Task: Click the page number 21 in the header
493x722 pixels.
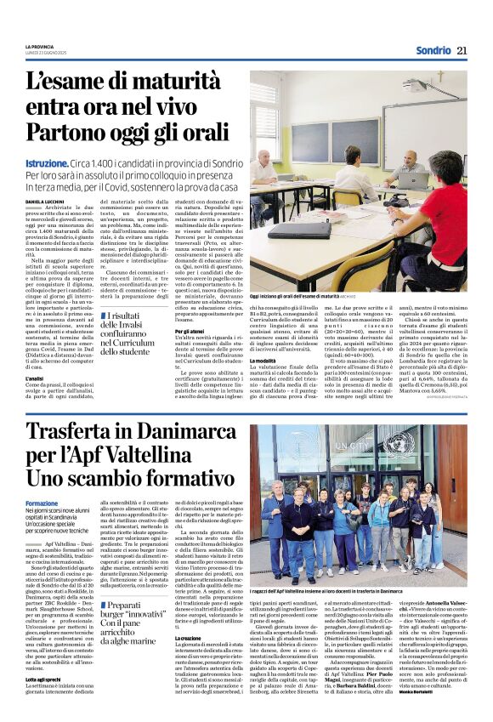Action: click(462, 50)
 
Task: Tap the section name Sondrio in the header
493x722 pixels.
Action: click(433, 50)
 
